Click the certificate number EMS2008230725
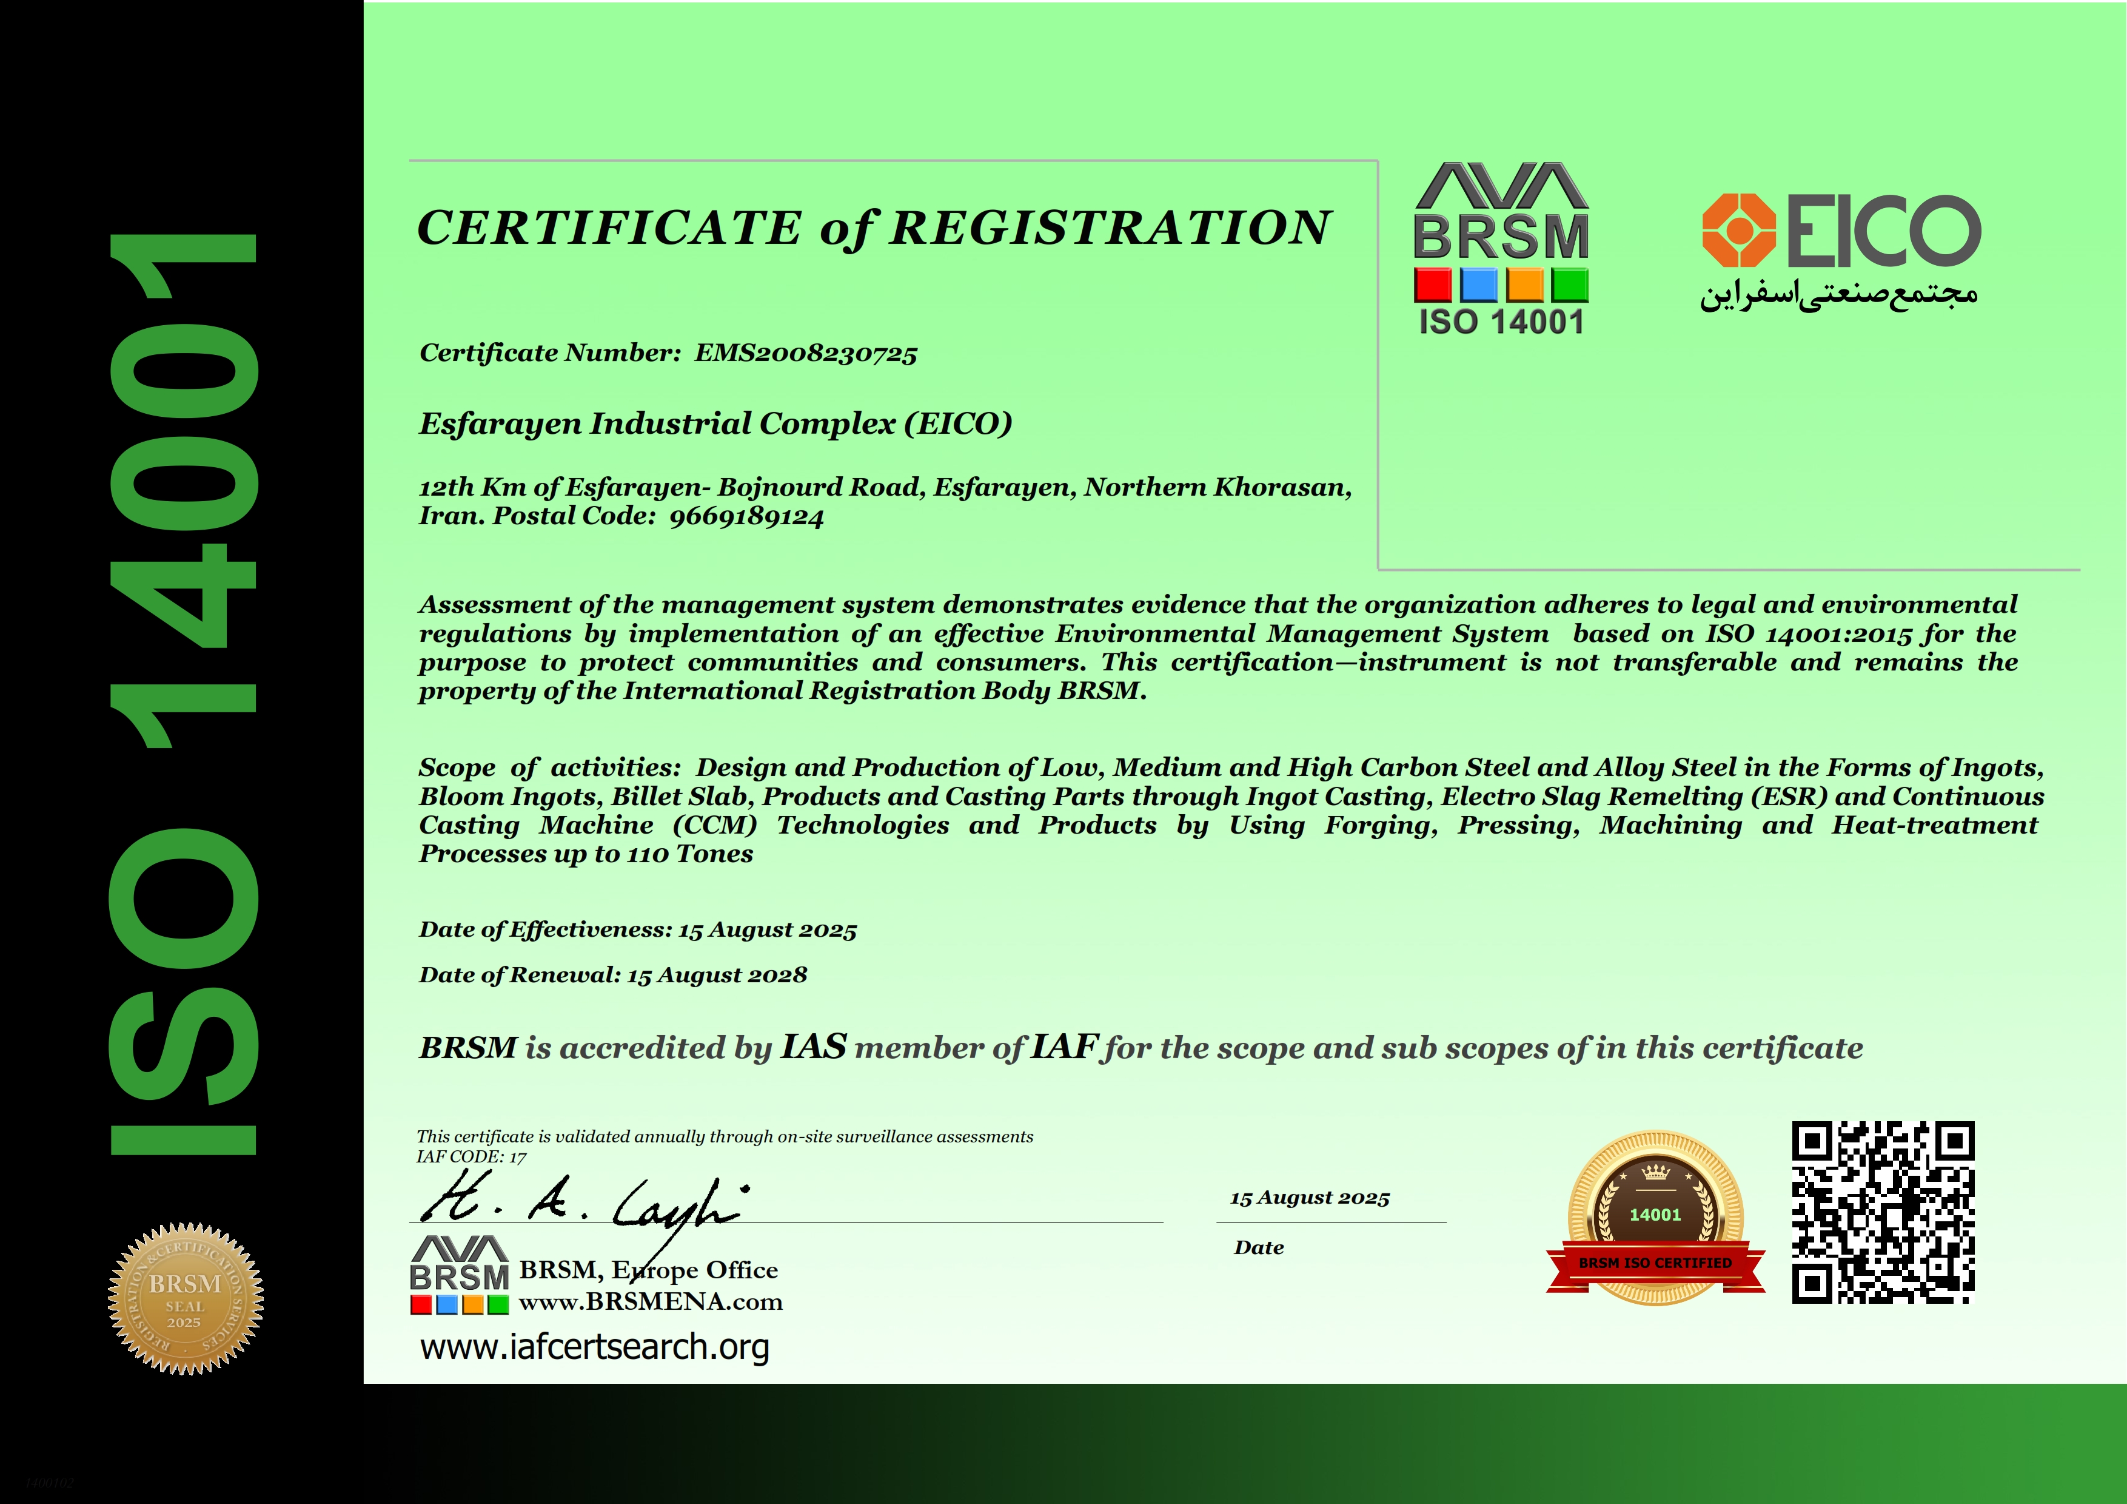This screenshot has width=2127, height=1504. pyautogui.click(x=805, y=353)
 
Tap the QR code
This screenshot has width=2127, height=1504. pyautogui.click(x=1883, y=1212)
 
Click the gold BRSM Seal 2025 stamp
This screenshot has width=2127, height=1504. pyautogui.click(x=186, y=1298)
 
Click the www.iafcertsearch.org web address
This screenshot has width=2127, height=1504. pyautogui.click(x=595, y=1346)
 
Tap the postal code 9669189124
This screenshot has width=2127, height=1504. pyautogui.click(x=746, y=517)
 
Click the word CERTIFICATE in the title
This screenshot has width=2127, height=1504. pyautogui.click(x=609, y=228)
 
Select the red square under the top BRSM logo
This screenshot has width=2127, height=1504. pyautogui.click(x=1432, y=285)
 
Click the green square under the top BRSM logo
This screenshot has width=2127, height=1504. pyautogui.click(x=1570, y=285)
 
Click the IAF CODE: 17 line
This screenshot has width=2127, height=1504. pyautogui.click(x=472, y=1156)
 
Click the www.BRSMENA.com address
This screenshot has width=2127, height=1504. pyautogui.click(x=651, y=1302)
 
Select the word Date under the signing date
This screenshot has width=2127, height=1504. pyautogui.click(x=1259, y=1247)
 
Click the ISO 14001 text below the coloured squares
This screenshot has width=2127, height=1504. pyautogui.click(x=1501, y=323)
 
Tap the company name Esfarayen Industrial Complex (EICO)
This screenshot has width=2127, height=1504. pyautogui.click(x=715, y=423)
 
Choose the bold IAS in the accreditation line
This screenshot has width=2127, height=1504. pyautogui.click(x=813, y=1046)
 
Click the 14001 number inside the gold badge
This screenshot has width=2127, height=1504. pyautogui.click(x=1655, y=1215)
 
